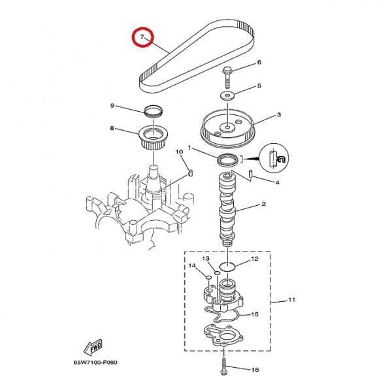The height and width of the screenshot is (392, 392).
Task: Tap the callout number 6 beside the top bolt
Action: pos(259,62)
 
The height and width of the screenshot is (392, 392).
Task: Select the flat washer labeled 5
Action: pos(227,95)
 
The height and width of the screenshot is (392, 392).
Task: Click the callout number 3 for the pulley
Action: pos(279,115)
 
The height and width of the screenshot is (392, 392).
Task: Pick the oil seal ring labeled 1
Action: pos(227,160)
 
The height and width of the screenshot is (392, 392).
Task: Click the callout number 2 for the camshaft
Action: pos(263,204)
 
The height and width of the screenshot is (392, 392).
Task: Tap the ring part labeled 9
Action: pos(154,111)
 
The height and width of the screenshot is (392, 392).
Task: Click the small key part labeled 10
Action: pos(191,172)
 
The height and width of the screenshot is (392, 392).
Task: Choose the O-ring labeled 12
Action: pos(227,267)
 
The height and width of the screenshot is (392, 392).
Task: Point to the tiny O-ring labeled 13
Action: pos(217,272)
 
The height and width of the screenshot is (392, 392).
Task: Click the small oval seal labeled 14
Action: pos(208,277)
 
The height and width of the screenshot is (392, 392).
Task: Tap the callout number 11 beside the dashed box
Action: pos(292,299)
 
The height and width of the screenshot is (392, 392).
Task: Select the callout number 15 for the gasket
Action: pos(255,314)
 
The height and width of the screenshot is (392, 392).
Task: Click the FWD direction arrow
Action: pos(93,347)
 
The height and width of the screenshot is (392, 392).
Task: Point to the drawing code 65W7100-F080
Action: pos(95,362)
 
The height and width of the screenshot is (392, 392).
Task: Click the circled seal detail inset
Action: pos(274,158)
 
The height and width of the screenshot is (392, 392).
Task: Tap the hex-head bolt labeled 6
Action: pos(227,77)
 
